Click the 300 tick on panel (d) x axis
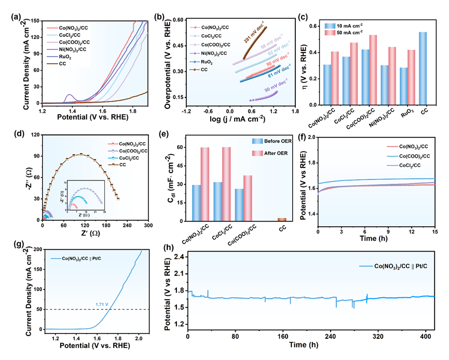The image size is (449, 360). tap(148, 226)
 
